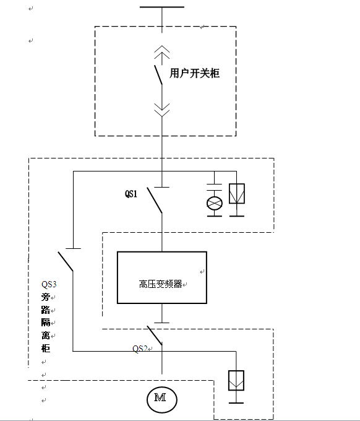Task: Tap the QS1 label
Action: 131,194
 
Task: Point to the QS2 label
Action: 140,349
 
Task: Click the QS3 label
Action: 49,284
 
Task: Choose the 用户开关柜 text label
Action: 194,73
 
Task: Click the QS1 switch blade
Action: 155,201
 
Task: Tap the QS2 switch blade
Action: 155,336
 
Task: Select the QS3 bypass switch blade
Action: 66,261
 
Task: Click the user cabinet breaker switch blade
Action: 158,75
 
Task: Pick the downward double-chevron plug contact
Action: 162,110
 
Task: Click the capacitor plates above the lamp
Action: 215,188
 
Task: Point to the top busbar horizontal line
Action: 162,7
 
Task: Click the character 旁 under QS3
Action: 46,297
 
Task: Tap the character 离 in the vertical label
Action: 46,336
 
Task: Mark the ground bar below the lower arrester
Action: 236,403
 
